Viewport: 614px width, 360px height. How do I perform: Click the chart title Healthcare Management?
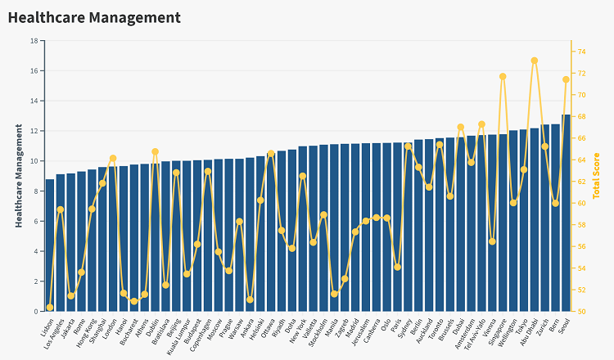coord(93,17)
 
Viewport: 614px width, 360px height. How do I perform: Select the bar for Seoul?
coord(566,213)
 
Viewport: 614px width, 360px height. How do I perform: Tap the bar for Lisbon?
coord(50,245)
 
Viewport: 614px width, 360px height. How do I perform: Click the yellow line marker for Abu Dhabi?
coord(535,61)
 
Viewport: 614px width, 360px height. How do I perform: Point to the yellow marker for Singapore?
coord(503,76)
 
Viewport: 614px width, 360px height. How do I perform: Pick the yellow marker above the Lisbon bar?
coord(50,308)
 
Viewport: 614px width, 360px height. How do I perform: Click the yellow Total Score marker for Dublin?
coord(155,151)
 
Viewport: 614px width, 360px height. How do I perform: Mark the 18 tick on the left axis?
coord(34,41)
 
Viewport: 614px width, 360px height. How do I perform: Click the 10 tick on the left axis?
coord(34,161)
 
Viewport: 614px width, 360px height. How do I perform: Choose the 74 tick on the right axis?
coord(580,52)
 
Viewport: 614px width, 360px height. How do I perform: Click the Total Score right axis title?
coord(597,175)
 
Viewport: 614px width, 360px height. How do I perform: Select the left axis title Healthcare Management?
coord(19,175)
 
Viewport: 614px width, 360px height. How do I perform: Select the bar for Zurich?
coord(544,218)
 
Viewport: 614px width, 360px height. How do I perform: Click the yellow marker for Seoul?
coord(566,79)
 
